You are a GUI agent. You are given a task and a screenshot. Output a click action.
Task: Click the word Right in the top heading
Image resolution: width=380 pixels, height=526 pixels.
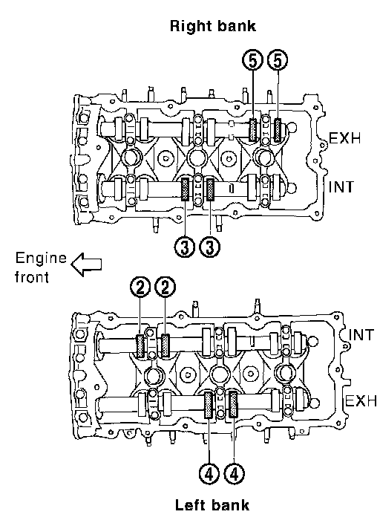[189, 27]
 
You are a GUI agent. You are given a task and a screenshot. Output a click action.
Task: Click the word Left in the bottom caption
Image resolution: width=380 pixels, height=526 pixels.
[190, 505]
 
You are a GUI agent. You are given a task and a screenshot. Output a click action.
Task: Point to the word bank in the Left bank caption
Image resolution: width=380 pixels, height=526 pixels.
[230, 505]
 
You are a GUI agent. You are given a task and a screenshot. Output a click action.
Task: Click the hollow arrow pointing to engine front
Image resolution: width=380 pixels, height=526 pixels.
[86, 264]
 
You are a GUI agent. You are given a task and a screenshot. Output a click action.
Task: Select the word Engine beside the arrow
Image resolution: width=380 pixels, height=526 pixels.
[42, 259]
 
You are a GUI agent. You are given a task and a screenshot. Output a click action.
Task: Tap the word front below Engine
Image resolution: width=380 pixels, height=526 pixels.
[32, 277]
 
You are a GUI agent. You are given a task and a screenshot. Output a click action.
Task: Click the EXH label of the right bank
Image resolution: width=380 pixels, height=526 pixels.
[345, 138]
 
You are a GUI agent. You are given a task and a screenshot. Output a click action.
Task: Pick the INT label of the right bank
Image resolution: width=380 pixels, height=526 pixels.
[341, 186]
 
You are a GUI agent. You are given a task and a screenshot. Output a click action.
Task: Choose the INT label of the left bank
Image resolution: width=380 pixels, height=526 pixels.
[361, 334]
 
